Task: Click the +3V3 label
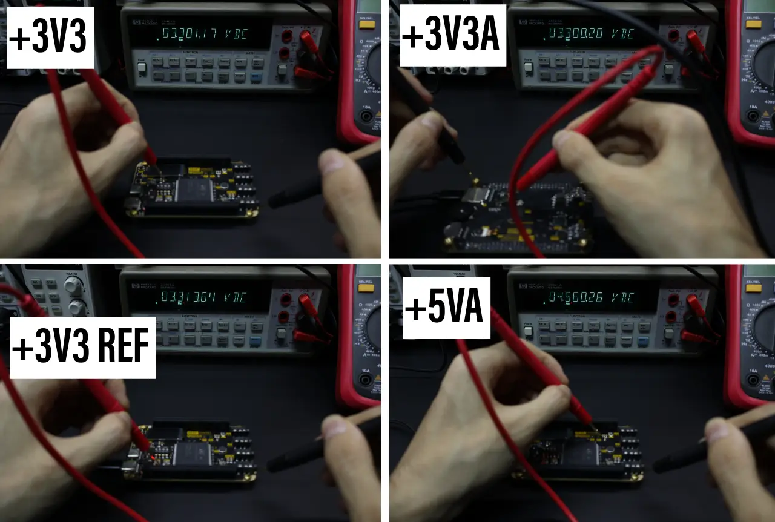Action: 50,38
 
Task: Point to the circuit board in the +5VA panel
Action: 581,451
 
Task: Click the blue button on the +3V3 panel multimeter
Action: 256,78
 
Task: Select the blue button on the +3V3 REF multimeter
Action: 256,341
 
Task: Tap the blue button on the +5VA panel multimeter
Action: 642,341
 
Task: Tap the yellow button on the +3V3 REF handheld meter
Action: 366,287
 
